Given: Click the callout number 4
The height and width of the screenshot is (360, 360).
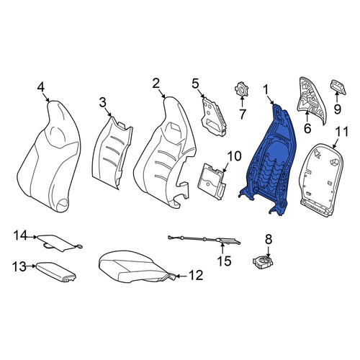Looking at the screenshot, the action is point(41,87).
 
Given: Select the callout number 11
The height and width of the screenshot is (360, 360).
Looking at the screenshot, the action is point(341,132).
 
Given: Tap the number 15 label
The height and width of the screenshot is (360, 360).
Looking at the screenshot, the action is point(224,261).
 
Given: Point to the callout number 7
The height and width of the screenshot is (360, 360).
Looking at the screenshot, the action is point(242,114).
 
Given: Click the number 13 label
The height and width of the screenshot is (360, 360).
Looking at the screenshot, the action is point(19,266).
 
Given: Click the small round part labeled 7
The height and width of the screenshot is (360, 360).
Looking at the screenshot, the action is point(241,89).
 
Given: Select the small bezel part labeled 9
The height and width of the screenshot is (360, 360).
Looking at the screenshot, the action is point(338,87).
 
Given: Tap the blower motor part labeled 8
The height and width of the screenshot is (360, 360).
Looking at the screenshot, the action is point(263,262).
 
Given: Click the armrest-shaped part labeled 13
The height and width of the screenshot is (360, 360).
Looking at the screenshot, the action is point(56,272).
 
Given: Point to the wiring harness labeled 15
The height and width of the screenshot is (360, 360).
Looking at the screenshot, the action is point(204,240).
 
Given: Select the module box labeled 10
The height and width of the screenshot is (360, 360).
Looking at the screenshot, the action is point(212,181).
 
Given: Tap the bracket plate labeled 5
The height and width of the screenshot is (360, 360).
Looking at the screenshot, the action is point(214,117).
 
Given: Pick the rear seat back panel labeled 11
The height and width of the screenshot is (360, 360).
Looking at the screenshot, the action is point(322,180).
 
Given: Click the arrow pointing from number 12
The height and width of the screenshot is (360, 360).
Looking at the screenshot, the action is point(181,276).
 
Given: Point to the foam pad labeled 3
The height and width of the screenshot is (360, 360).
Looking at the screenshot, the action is point(112,153).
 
